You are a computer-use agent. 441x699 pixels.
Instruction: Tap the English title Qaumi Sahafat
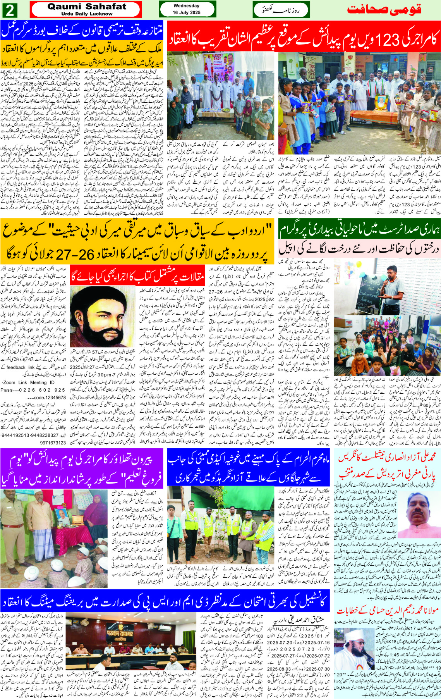coord(87,7)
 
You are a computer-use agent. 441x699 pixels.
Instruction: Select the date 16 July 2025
coord(186,12)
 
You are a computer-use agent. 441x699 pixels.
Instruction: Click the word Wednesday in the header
coord(186,6)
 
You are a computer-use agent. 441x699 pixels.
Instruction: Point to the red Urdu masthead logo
coord(384,10)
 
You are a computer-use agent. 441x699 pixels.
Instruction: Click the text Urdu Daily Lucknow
coord(87,14)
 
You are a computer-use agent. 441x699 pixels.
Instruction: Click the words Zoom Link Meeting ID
coord(27,382)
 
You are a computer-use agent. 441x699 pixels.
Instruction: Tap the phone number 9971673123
coord(53,442)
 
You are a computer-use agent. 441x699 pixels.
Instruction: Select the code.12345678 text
coord(46,398)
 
